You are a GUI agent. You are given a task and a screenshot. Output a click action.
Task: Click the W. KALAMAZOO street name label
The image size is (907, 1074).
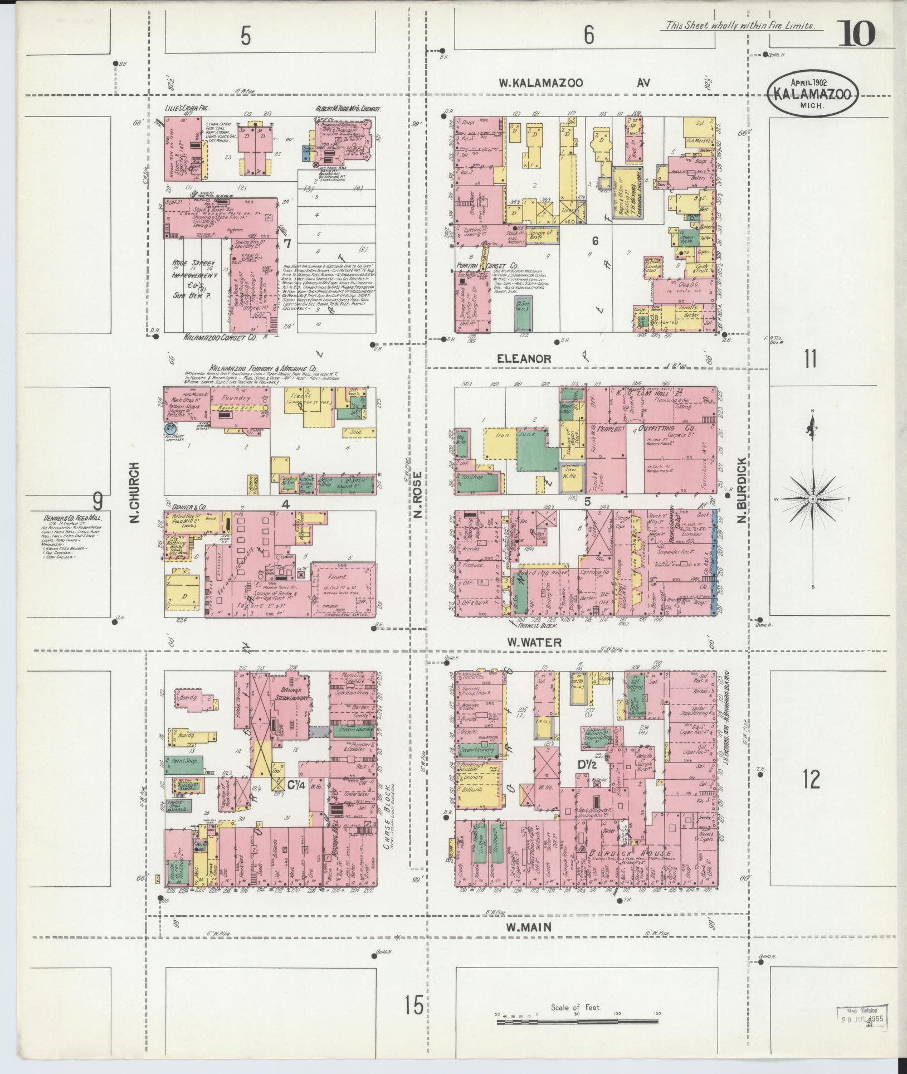(x=540, y=83)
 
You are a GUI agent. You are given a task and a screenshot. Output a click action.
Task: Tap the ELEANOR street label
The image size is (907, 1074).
(x=524, y=359)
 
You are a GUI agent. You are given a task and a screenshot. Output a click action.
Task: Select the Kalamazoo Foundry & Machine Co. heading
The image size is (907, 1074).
(x=263, y=368)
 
